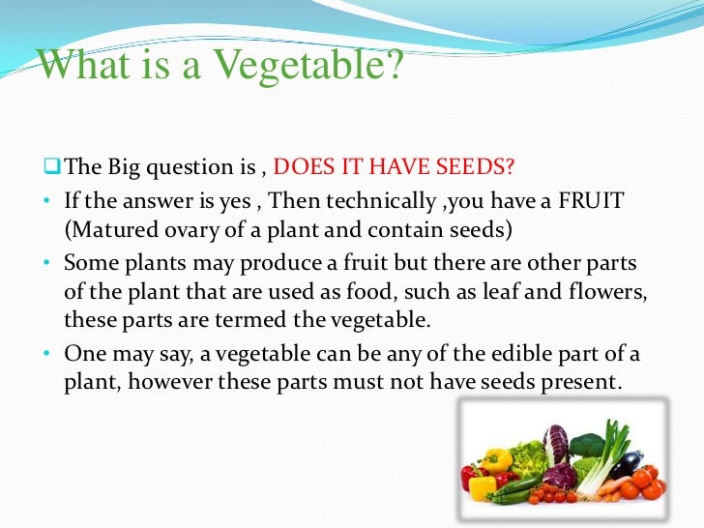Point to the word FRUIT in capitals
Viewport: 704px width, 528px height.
click(597, 200)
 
